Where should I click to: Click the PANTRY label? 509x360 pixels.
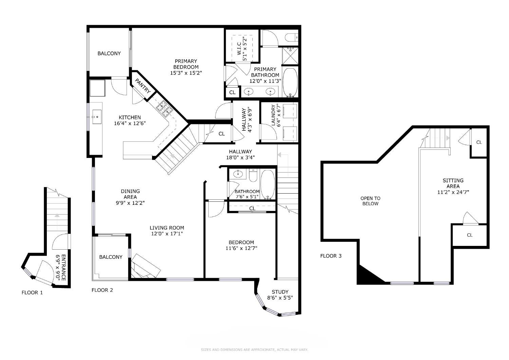tap(143, 86)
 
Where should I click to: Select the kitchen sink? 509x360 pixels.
tap(97, 117)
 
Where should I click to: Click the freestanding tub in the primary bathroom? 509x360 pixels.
tap(290, 82)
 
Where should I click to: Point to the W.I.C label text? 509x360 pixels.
tap(239, 49)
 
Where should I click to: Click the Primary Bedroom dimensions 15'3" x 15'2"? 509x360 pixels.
tap(186, 73)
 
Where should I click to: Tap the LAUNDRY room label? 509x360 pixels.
tap(273, 115)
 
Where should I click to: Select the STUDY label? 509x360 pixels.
tap(280, 292)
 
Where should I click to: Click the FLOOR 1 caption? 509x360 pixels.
tap(32, 293)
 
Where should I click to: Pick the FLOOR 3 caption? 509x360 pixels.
tap(331, 256)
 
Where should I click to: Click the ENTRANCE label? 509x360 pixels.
tap(64, 267)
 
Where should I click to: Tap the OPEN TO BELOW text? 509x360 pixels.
tap(371, 201)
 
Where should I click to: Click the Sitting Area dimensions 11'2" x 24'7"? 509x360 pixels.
tap(453, 192)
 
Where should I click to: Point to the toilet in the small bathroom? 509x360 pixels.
tap(253, 175)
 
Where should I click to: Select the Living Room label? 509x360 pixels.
tap(167, 228)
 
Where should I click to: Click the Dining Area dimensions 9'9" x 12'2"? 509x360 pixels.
tap(130, 203)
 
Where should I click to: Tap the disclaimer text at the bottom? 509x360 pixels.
tap(254, 350)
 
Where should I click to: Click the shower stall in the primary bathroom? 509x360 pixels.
tap(290, 56)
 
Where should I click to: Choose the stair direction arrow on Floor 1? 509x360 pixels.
tap(57, 222)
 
